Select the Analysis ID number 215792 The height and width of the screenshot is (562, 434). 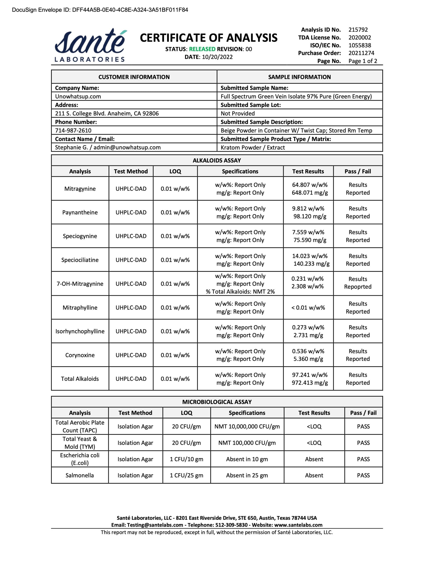358,30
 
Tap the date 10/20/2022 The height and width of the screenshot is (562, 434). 217,57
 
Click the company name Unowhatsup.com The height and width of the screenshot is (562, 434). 78,97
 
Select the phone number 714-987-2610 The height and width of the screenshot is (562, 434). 73,130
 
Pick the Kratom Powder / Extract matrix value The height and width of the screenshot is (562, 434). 253,148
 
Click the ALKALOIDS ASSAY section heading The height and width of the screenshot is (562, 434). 217,160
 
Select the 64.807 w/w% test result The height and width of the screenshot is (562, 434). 310,185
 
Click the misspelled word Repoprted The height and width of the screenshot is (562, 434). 358,287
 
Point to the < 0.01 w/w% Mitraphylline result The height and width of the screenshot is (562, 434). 308,308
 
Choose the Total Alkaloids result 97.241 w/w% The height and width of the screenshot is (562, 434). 310,375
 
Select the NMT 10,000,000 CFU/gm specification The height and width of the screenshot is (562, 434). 247,427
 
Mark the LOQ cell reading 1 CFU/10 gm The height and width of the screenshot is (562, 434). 186,459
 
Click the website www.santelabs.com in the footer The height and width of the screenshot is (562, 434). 298,525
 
